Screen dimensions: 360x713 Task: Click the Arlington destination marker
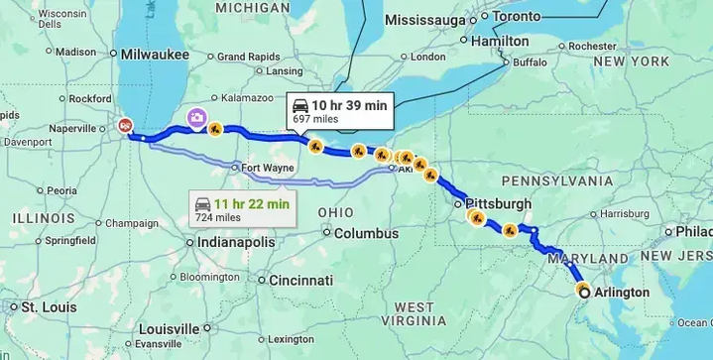pyautogui.click(x=584, y=292)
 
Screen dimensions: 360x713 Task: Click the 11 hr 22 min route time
pyautogui.click(x=256, y=203)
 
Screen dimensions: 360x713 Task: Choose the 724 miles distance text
pyautogui.click(x=217, y=217)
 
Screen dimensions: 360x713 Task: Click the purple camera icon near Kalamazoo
pyautogui.click(x=197, y=118)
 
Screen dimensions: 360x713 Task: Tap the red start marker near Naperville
pyautogui.click(x=124, y=125)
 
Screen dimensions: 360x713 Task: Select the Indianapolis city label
pyautogui.click(x=236, y=241)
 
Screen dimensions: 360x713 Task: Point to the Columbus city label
pyautogui.click(x=366, y=233)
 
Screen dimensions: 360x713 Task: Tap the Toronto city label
pyautogui.click(x=518, y=17)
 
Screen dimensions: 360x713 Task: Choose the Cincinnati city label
pyautogui.click(x=299, y=279)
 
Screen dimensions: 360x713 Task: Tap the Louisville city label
pyautogui.click(x=170, y=329)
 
